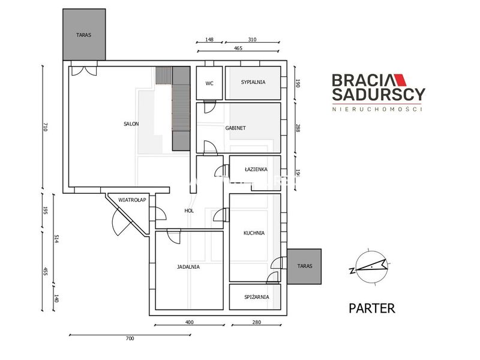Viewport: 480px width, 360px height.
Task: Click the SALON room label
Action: (x=131, y=124)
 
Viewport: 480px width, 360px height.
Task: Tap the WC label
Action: (x=209, y=83)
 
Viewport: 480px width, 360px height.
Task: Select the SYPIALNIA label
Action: (x=253, y=82)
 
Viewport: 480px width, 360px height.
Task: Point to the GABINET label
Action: (x=235, y=128)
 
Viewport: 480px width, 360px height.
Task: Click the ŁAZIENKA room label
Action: (x=256, y=169)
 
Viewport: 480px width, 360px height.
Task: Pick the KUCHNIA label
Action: (x=254, y=233)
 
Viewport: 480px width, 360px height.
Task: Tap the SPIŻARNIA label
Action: (x=257, y=296)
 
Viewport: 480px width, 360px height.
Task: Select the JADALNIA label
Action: (x=188, y=267)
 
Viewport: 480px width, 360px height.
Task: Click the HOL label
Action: (x=189, y=211)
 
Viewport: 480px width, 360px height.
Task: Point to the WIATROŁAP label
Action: (x=132, y=200)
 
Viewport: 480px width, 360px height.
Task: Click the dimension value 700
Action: (x=130, y=338)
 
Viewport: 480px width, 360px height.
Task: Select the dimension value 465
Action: (x=238, y=48)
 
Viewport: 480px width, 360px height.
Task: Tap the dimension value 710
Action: (x=46, y=127)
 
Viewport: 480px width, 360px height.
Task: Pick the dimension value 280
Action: (x=257, y=322)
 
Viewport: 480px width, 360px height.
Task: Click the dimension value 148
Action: (x=209, y=40)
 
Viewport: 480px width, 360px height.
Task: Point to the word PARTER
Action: (x=372, y=308)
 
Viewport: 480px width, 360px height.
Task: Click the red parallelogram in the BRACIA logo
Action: (x=400, y=80)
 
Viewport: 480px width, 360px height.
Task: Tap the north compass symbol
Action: (x=370, y=267)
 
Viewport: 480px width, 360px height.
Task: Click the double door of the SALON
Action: (x=84, y=71)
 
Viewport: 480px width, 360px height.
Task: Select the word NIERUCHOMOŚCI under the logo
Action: (x=377, y=109)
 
